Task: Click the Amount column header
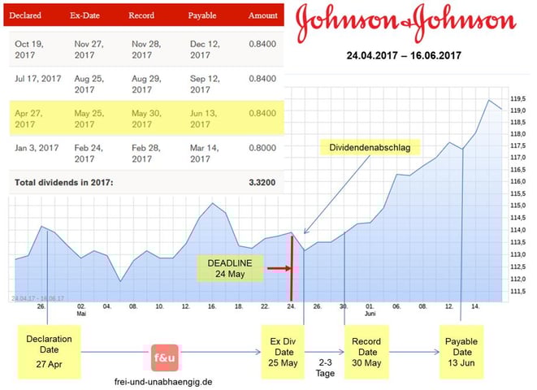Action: [262, 15]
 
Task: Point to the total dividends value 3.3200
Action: [262, 183]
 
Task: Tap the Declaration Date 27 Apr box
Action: [49, 351]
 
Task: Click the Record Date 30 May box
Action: [367, 351]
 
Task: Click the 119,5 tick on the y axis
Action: [517, 98]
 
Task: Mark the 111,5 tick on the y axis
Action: [517, 290]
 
